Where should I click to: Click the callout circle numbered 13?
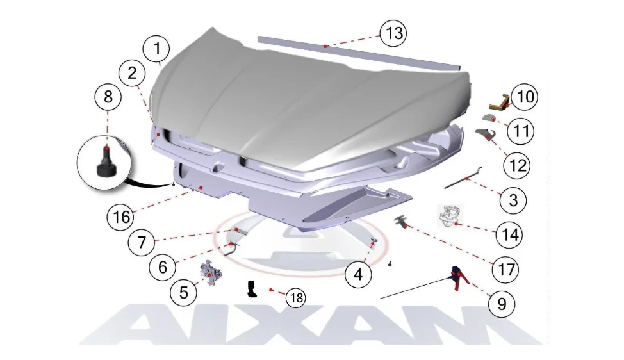click(393, 33)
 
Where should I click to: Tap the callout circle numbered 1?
click(157, 49)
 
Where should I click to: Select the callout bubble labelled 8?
click(108, 97)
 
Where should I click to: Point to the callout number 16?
click(121, 217)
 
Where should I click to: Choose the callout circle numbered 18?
click(296, 298)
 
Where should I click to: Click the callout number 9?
click(502, 304)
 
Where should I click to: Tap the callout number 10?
click(525, 97)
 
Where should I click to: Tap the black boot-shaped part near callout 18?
click(252, 289)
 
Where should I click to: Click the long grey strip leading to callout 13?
click(359, 53)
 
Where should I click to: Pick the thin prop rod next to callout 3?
click(463, 177)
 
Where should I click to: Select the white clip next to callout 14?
click(450, 216)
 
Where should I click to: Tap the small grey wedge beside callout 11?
click(489, 118)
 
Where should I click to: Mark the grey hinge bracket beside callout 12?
click(486, 135)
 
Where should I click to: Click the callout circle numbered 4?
click(358, 274)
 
